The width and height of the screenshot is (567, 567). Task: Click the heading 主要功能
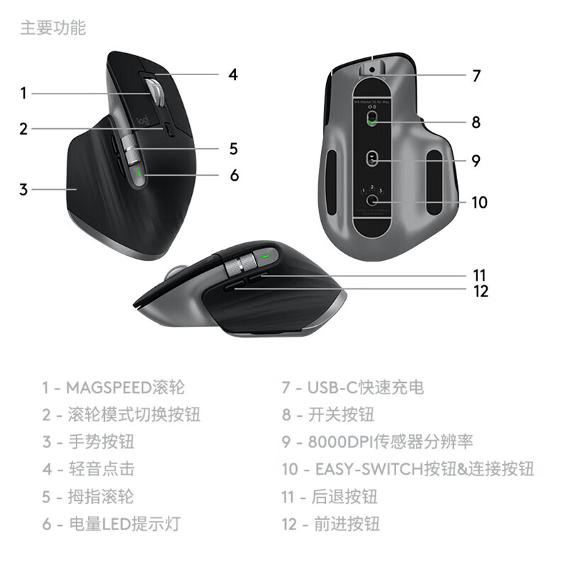52,28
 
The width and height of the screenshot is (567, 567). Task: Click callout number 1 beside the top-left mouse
23,93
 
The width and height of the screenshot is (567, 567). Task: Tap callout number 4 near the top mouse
232,74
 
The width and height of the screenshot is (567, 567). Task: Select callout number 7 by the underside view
476,75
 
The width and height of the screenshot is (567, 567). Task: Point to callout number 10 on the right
479,203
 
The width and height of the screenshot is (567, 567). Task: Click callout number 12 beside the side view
481,291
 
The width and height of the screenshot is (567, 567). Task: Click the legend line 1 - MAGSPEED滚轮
113,387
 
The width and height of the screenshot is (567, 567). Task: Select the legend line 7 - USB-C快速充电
352,387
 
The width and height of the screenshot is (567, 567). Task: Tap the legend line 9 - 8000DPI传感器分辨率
376,441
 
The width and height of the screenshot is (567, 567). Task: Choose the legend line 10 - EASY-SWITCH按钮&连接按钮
407,468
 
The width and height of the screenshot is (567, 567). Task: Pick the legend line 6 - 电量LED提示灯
111,524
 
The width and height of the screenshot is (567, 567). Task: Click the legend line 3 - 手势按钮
88,441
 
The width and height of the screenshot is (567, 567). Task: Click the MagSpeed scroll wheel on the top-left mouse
155,92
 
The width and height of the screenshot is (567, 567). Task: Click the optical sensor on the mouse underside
373,159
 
